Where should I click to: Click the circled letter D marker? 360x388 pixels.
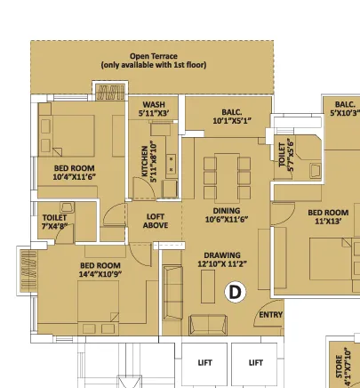click(236, 292)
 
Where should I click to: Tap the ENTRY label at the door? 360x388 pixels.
click(271, 315)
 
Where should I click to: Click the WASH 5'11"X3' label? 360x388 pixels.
click(154, 109)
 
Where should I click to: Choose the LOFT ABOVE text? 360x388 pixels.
click(156, 221)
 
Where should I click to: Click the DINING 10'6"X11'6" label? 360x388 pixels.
click(227, 215)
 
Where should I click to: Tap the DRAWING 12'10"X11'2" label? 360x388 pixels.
click(222, 260)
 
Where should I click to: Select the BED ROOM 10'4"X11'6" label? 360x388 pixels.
click(75, 173)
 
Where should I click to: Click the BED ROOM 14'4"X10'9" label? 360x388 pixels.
click(100, 270)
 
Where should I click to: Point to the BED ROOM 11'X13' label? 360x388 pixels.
click(328, 217)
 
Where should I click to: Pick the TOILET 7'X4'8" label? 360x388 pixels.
click(54, 222)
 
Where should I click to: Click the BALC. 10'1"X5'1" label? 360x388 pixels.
click(232, 117)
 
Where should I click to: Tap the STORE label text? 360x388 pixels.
click(340, 367)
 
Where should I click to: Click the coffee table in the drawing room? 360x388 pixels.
click(208, 287)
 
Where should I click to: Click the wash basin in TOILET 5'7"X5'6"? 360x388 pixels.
click(315, 171)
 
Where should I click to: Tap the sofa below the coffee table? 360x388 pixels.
click(208, 325)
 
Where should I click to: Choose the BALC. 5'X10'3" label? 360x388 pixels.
click(345, 109)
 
